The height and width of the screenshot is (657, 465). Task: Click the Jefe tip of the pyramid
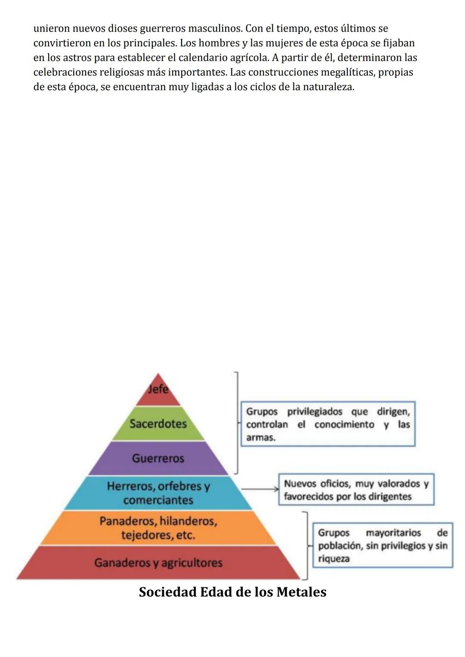pos(158,389)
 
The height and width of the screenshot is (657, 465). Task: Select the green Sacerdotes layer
pos(158,423)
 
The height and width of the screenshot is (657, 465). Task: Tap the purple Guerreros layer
pos(158,458)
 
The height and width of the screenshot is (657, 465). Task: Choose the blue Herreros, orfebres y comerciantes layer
pos(158,493)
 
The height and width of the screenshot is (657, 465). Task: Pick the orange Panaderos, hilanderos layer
pos(158,528)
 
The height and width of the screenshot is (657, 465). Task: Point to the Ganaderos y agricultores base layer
pos(158,563)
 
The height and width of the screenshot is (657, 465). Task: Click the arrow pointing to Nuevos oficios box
pos(260,489)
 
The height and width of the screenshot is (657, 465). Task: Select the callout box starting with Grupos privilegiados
pos(328,424)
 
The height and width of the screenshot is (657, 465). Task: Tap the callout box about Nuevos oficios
pos(356,490)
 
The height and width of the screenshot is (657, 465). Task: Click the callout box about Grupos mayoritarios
pos(382,545)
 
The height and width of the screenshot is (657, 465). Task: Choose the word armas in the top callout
pos(260,438)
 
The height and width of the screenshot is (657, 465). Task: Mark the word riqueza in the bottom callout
pos(334,559)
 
